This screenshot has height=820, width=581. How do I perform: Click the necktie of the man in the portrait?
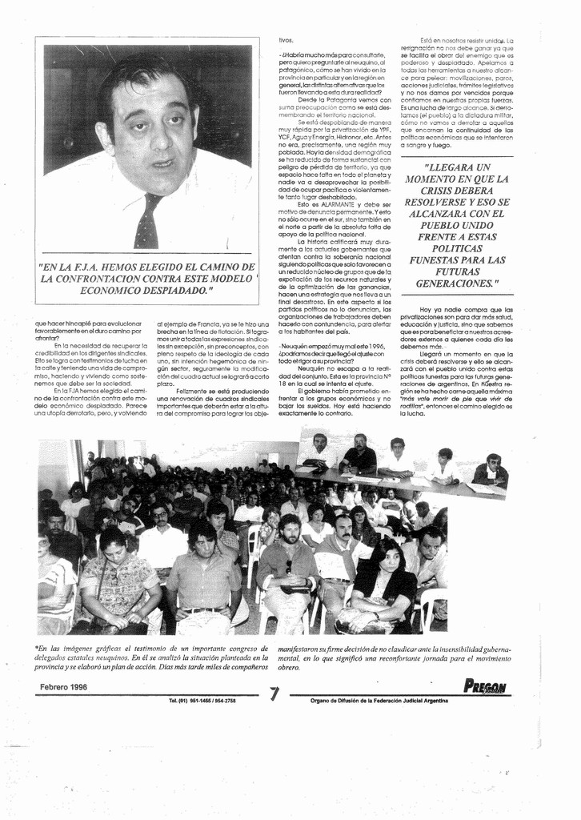[x=147, y=221]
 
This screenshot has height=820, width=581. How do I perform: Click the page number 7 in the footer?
[x=275, y=693]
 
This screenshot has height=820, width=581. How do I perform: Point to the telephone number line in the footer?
[x=202, y=701]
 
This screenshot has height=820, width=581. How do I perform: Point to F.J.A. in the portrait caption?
[x=98, y=267]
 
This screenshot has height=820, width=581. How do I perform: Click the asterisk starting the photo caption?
[x=37, y=648]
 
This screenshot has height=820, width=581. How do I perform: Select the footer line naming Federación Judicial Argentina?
[x=379, y=701]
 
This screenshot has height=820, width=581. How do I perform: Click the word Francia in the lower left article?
[x=204, y=322]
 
